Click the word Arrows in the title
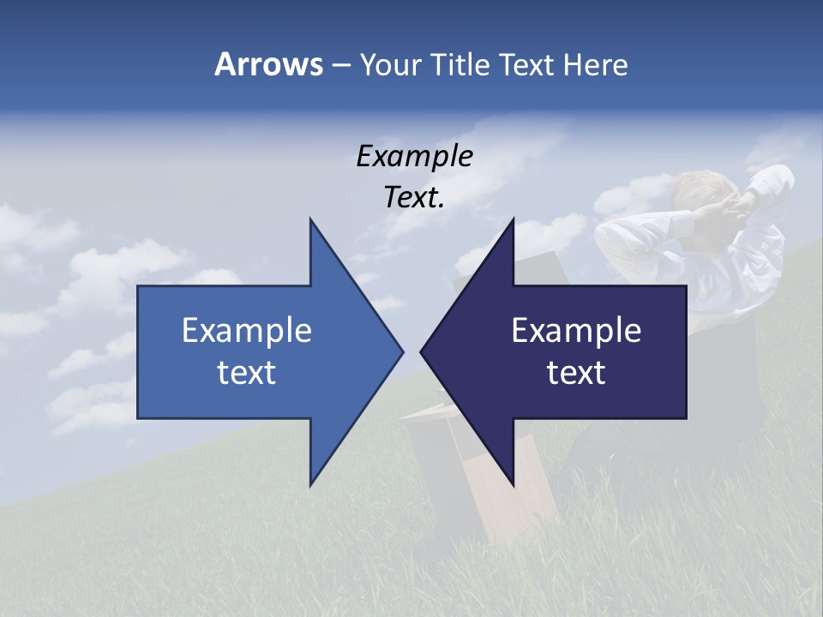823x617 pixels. [x=268, y=64]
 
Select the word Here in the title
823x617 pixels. [x=596, y=64]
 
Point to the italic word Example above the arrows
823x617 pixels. [x=414, y=156]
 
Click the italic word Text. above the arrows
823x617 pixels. [x=414, y=197]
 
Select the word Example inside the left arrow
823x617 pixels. [x=247, y=330]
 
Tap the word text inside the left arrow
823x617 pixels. [x=247, y=372]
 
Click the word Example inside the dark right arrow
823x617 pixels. [x=576, y=330]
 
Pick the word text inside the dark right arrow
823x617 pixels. [x=576, y=372]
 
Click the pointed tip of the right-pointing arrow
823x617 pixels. [x=402, y=351]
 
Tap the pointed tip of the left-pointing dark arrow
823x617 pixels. [x=422, y=351]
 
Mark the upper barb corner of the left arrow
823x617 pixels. [x=310, y=219]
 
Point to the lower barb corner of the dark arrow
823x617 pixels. [x=513, y=484]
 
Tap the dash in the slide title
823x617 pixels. [x=340, y=64]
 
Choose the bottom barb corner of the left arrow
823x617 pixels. [x=310, y=485]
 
